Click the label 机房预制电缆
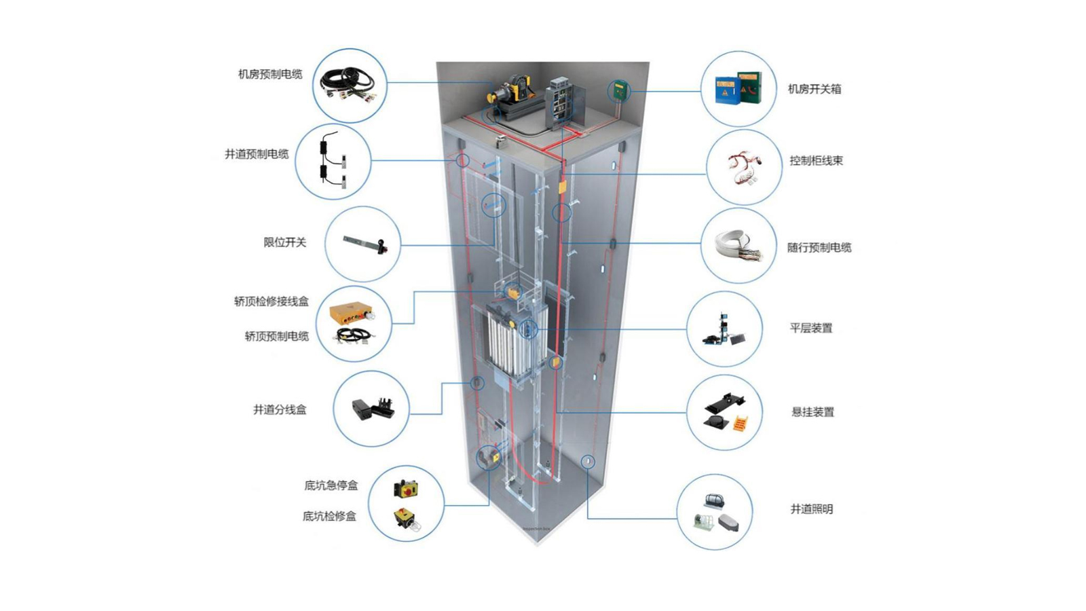coord(270,74)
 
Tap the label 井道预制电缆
coord(257,154)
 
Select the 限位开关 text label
coord(285,242)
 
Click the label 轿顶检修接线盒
coord(271,301)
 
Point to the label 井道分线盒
coord(280,409)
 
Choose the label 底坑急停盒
coord(331,485)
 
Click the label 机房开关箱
coord(814,89)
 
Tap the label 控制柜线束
coord(816,161)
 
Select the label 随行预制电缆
coord(819,248)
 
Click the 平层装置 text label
coord(811,328)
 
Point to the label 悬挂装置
coord(812,412)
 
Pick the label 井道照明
coord(811,509)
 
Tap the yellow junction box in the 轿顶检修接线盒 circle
coord(350,314)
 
